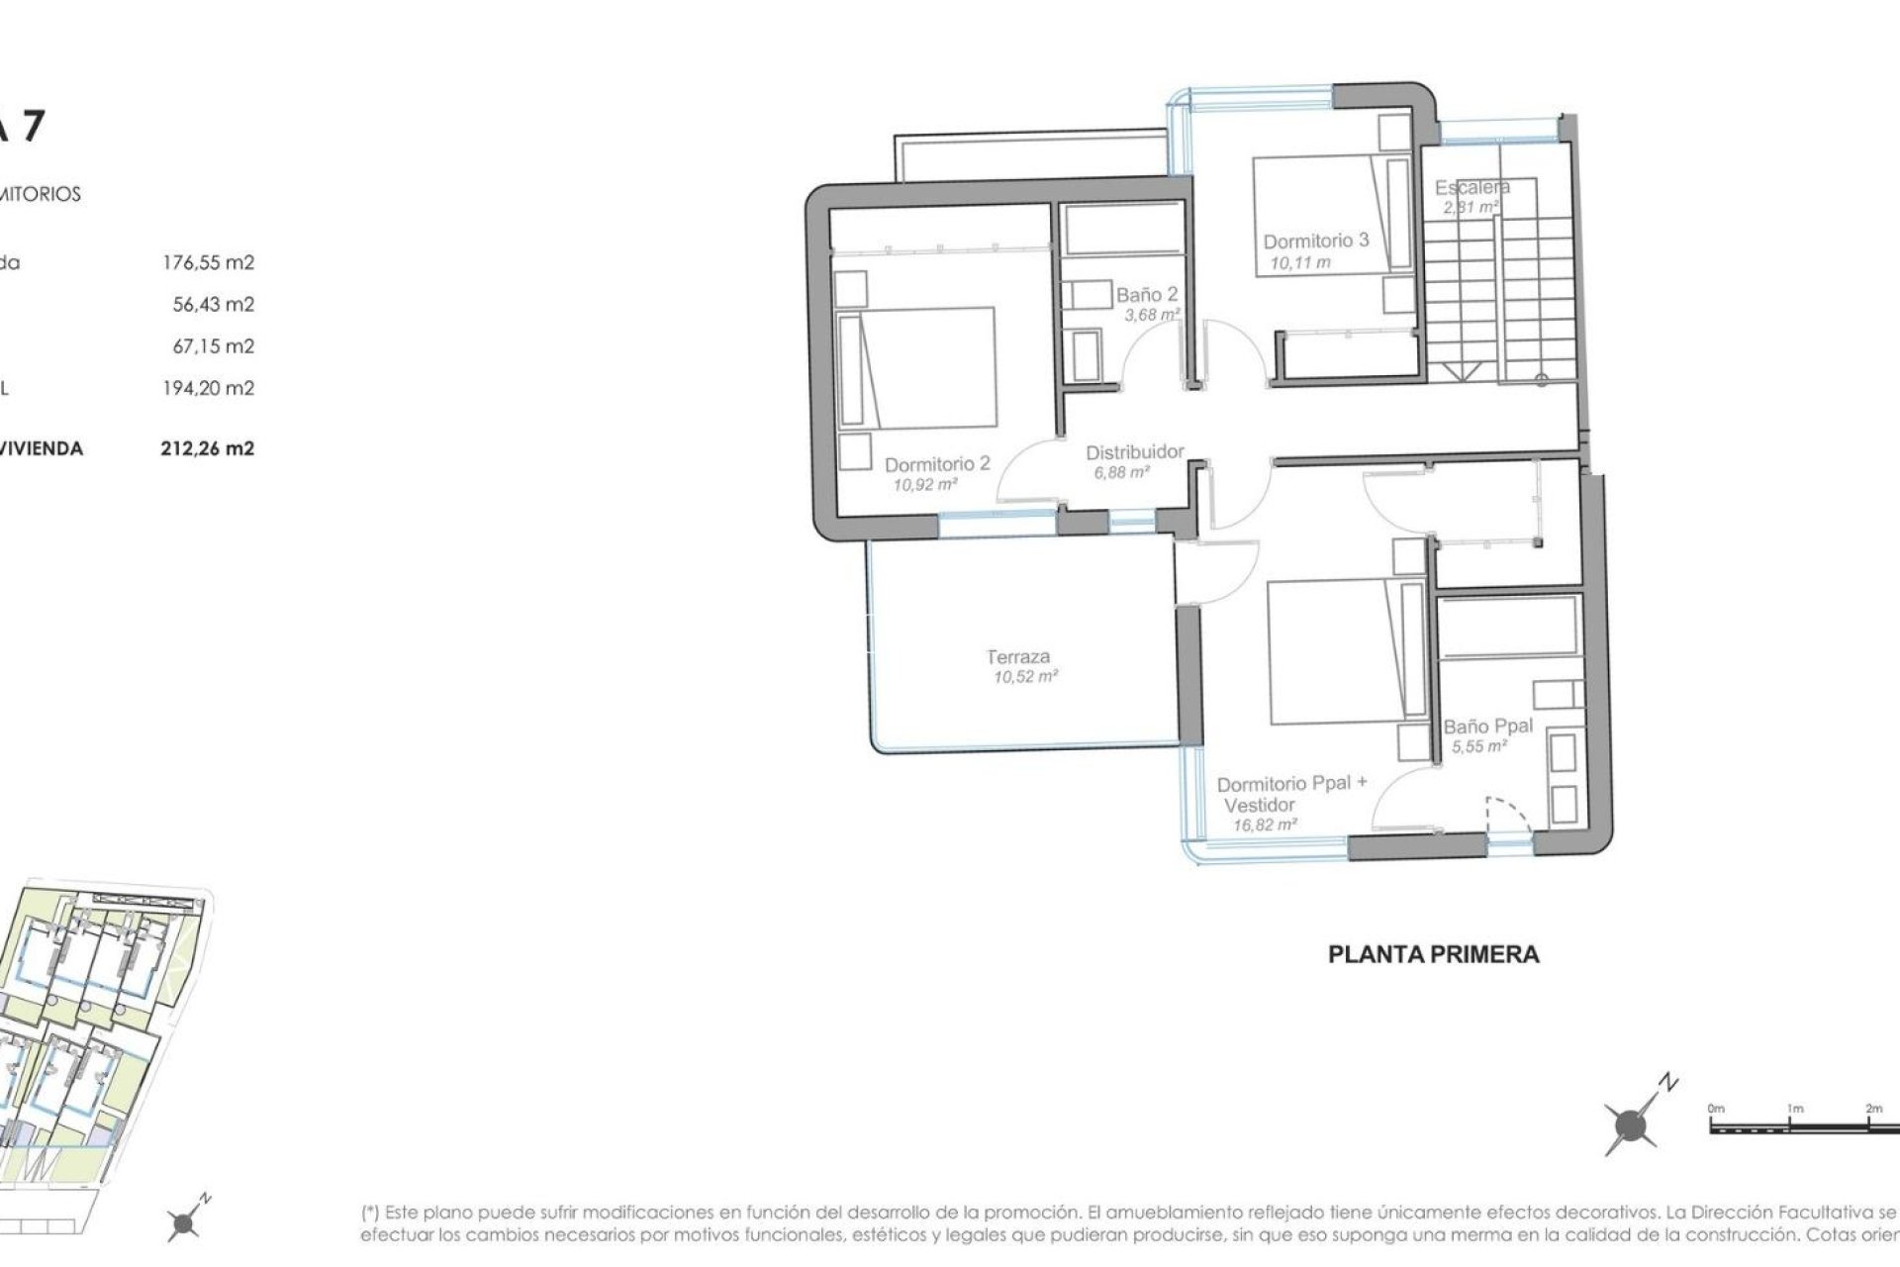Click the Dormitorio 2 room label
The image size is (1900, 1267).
pos(936,463)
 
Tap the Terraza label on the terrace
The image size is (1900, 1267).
pos(1018,656)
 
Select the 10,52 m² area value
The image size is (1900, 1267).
pos(1026,677)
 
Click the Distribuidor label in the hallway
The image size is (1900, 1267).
pos(1134,452)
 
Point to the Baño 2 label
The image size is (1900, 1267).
pos(1147,295)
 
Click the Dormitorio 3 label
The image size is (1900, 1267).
pos(1315,241)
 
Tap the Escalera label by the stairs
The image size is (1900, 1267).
pos(1472,187)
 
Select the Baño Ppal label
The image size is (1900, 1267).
pos(1487,726)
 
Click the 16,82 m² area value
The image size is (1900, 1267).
pos(1264,825)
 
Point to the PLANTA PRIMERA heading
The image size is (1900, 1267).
pos(1433,954)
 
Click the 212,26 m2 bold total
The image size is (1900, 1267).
pos(208,448)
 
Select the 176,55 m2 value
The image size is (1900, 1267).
pos(208,262)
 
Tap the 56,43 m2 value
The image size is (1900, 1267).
pos(213,304)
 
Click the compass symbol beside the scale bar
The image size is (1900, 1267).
pos(1630,1124)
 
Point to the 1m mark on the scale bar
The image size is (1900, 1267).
pos(1795,1108)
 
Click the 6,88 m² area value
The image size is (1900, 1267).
pos(1120,473)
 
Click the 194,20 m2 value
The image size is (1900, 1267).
pos(208,388)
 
